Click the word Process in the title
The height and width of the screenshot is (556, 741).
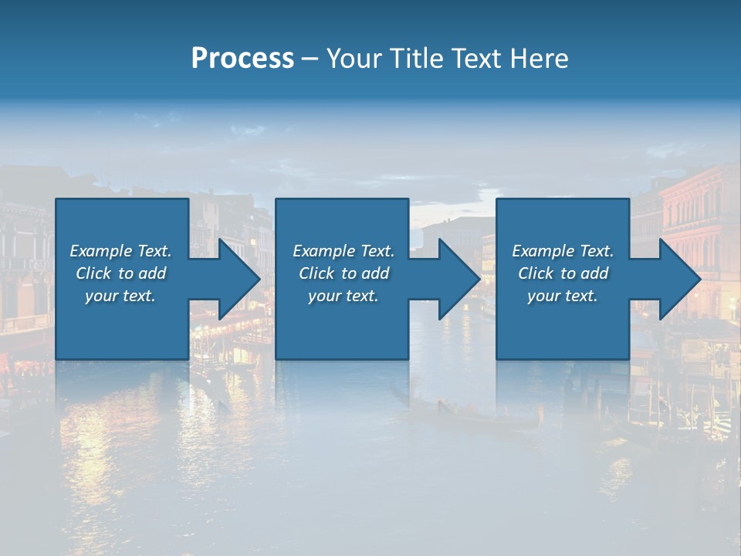point(242,59)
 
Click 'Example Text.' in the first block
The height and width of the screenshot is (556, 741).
point(120,251)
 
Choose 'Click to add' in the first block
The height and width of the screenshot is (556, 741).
point(120,273)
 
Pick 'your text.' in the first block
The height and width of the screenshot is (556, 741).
point(120,296)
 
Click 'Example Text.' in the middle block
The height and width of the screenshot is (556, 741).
point(343,251)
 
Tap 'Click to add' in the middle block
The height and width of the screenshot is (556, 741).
point(343,273)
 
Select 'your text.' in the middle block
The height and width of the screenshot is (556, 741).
point(343,296)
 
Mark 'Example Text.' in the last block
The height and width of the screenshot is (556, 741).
point(563,251)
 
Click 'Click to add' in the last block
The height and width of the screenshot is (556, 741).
point(563,273)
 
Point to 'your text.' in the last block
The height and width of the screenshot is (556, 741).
point(563,296)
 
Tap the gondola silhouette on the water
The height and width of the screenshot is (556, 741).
point(479,418)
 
